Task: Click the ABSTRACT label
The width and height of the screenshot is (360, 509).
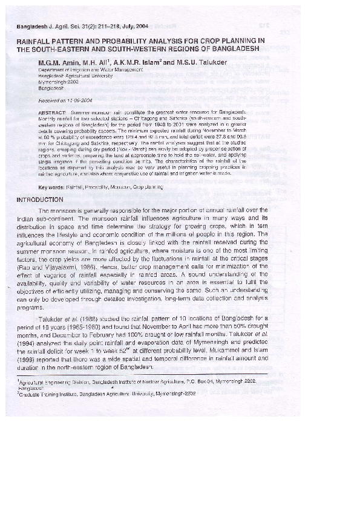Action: (51, 113)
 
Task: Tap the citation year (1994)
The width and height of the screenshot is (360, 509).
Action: (28, 343)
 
